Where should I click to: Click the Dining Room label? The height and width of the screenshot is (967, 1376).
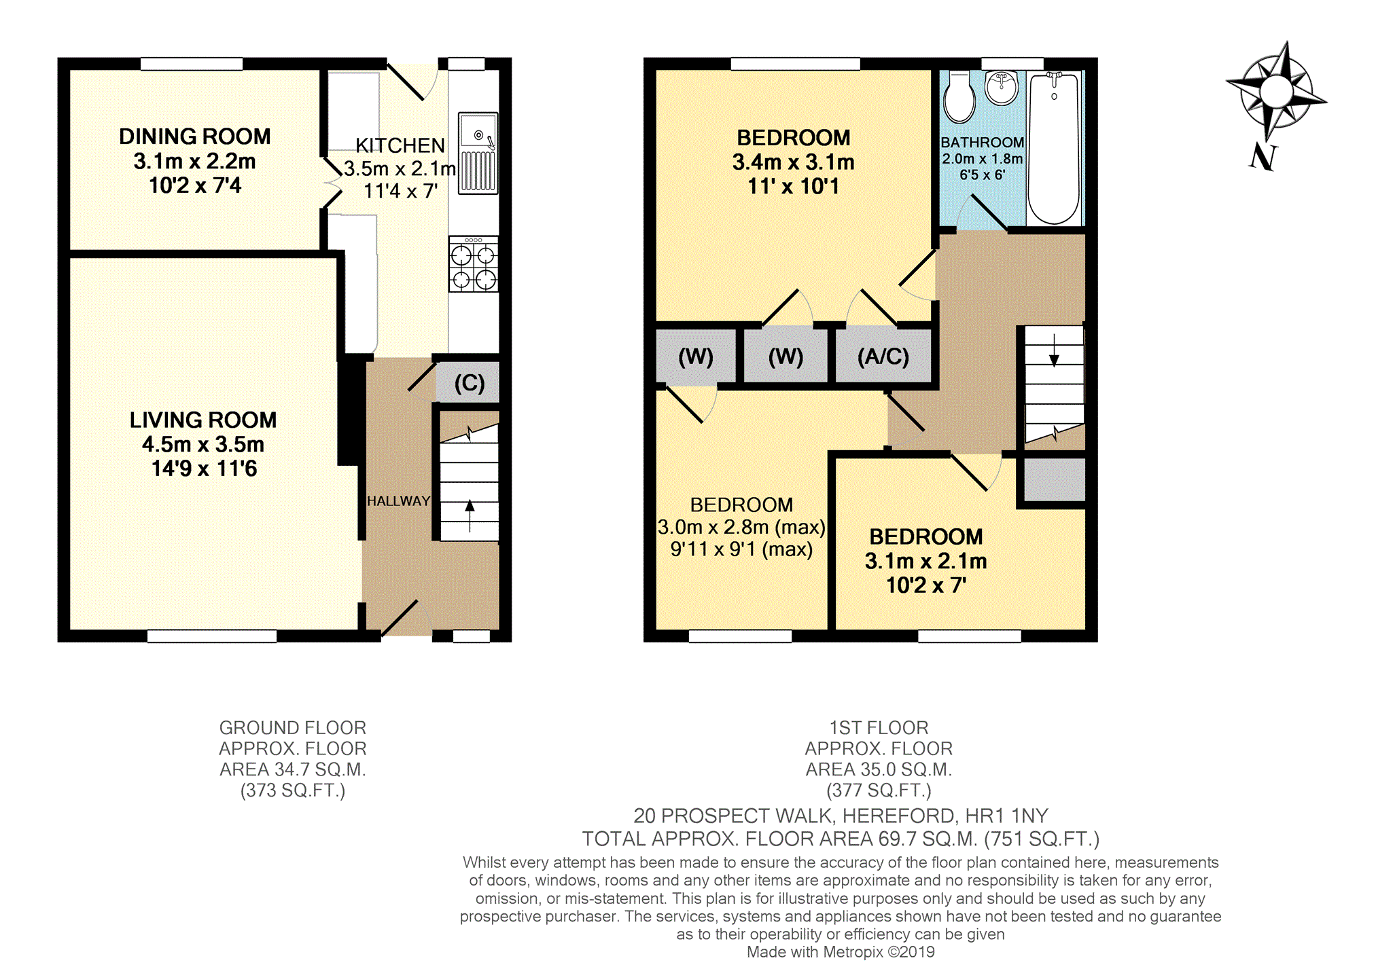[x=195, y=136]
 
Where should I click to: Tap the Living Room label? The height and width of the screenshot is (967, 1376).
[x=203, y=420]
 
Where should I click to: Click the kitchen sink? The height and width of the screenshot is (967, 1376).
[x=478, y=153]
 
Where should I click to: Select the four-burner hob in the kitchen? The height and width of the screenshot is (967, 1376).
[x=474, y=264]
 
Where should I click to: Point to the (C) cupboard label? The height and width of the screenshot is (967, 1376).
[x=470, y=383]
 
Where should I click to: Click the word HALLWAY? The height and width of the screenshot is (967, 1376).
[x=398, y=501]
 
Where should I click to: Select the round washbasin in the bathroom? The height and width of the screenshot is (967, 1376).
[x=1002, y=88]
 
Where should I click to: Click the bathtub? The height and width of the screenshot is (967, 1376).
[x=1054, y=148]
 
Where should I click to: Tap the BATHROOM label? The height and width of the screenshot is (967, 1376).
[x=982, y=143]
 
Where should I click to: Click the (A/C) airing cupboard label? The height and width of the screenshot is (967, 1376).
[x=883, y=357]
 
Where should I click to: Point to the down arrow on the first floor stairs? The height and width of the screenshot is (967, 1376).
[x=1054, y=350]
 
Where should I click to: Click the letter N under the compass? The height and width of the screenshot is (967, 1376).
[x=1263, y=157]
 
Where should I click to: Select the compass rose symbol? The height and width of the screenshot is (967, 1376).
[x=1276, y=92]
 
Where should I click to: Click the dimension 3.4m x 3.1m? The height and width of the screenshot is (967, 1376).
[x=794, y=162]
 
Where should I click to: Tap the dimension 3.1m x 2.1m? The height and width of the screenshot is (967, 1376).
[x=926, y=562]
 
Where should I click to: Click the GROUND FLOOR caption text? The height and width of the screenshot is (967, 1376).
[x=293, y=728]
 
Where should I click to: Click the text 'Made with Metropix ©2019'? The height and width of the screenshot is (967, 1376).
[x=841, y=952]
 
